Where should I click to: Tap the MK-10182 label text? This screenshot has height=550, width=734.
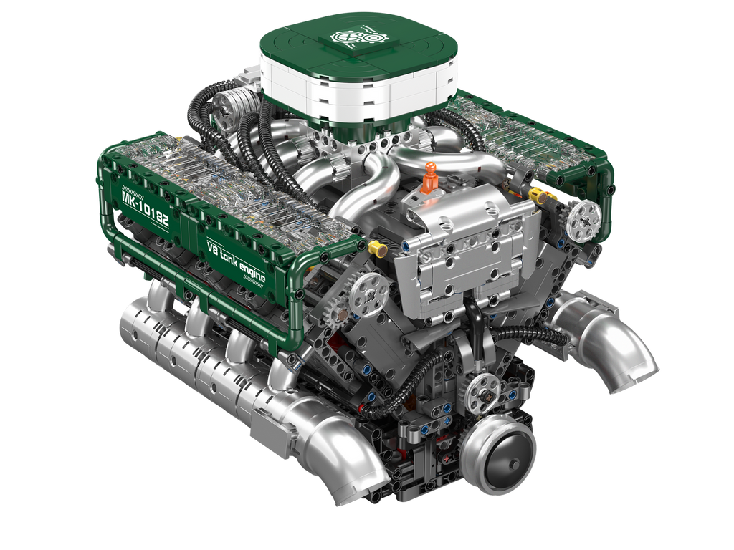point(145,208)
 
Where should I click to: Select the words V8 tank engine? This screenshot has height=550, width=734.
point(236,262)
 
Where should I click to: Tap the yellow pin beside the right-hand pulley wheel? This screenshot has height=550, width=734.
point(537,193)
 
